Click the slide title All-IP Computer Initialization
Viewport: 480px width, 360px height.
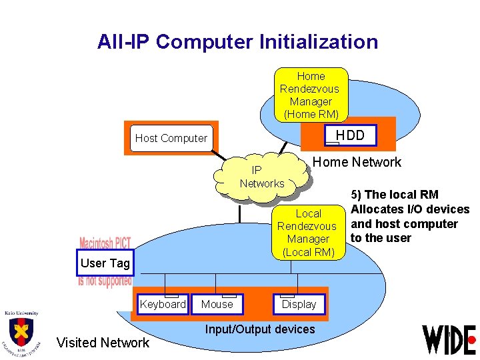point(237,42)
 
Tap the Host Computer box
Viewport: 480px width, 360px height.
point(171,138)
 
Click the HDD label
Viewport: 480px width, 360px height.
point(350,135)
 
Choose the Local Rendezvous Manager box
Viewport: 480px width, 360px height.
point(308,233)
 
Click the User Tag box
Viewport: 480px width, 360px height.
point(105,263)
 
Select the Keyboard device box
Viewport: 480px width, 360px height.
point(163,304)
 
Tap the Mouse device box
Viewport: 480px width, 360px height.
point(217,304)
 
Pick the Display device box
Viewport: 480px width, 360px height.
point(299,304)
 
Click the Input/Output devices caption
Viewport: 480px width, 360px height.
point(260,329)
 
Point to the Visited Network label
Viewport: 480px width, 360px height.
point(103,343)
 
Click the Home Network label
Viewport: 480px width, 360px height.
point(357,162)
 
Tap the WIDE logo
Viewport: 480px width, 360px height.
point(449,339)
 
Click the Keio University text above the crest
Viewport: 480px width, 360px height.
point(21,313)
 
